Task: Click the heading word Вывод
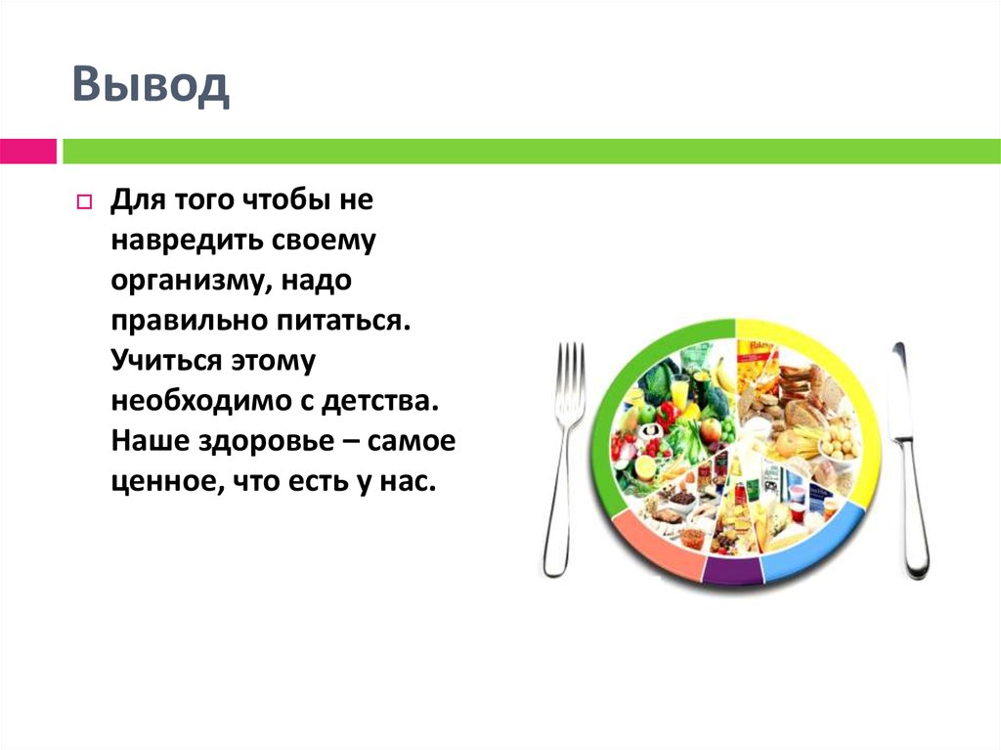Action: (151, 87)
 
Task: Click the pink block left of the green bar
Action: (27, 152)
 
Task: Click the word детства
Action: (389, 401)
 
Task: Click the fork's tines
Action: (569, 381)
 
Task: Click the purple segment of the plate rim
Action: (732, 572)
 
